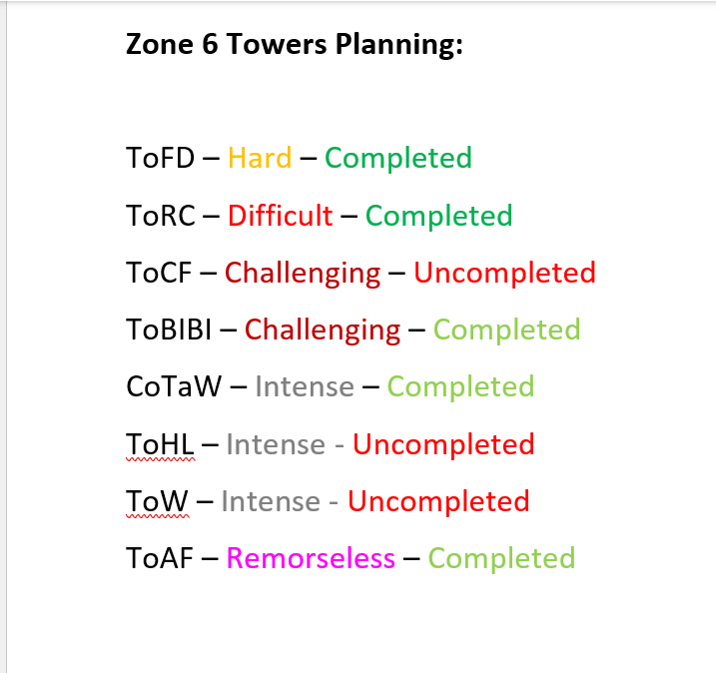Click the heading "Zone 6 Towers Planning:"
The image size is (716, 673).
pyautogui.click(x=295, y=44)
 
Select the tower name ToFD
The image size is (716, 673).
pyautogui.click(x=160, y=158)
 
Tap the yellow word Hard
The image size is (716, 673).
pyautogui.click(x=260, y=158)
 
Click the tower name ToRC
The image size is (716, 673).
pyautogui.click(x=161, y=216)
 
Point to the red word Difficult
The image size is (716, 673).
pyautogui.click(x=280, y=216)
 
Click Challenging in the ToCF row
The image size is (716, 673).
pyautogui.click(x=303, y=273)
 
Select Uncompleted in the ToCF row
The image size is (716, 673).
pyautogui.click(x=504, y=273)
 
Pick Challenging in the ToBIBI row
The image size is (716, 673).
pyautogui.click(x=323, y=330)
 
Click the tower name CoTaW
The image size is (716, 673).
pyautogui.click(x=174, y=386)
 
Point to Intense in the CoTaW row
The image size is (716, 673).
pyautogui.click(x=305, y=386)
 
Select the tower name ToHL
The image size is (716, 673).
pyautogui.click(x=159, y=444)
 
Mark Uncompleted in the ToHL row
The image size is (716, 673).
pyautogui.click(x=443, y=444)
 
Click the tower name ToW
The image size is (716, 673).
pyautogui.click(x=157, y=501)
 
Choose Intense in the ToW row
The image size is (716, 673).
pyautogui.click(x=271, y=501)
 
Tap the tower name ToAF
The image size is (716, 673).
pyautogui.click(x=159, y=558)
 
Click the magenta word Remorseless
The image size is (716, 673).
pyautogui.click(x=311, y=558)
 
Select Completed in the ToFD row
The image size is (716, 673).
pyautogui.click(x=398, y=158)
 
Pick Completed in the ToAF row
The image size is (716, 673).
pyautogui.click(x=501, y=558)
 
